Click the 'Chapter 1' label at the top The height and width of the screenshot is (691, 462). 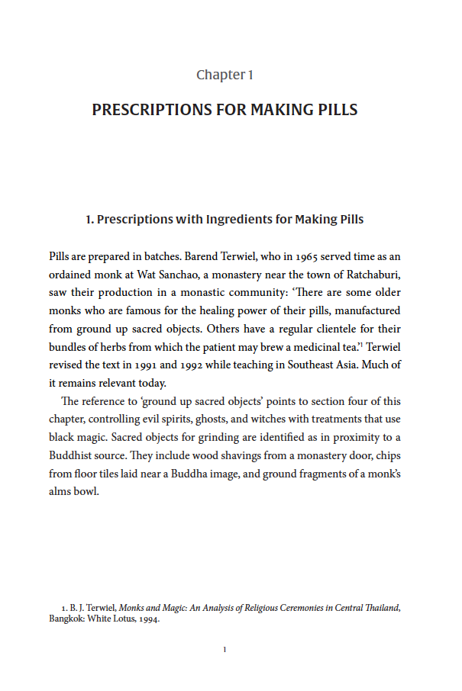(x=225, y=75)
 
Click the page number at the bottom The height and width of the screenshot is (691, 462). (x=225, y=650)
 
